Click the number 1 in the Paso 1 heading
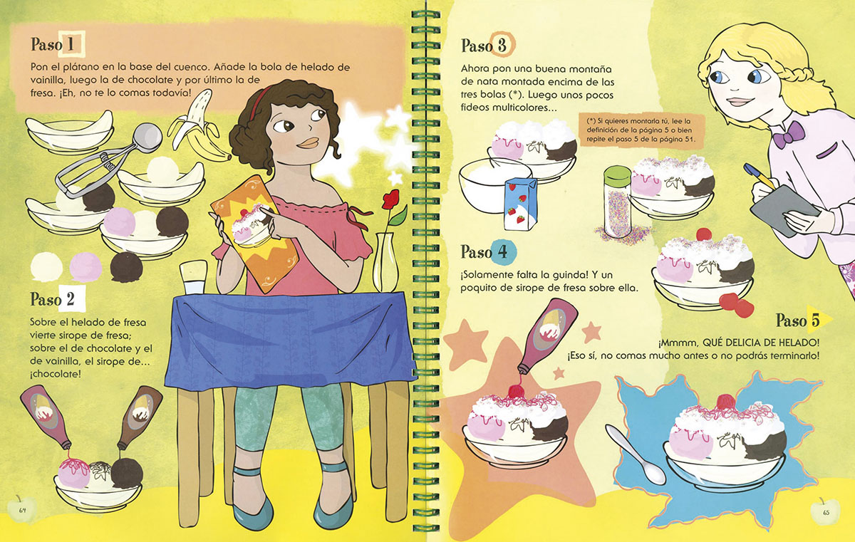click(x=71, y=45)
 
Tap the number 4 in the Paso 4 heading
click(x=503, y=251)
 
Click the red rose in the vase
click(x=391, y=199)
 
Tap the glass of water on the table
click(x=194, y=277)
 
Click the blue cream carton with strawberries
click(x=520, y=204)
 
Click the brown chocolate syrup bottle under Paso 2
click(x=140, y=417)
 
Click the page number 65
click(x=826, y=512)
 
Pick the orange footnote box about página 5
click(x=641, y=130)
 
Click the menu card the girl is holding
click(x=254, y=233)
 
